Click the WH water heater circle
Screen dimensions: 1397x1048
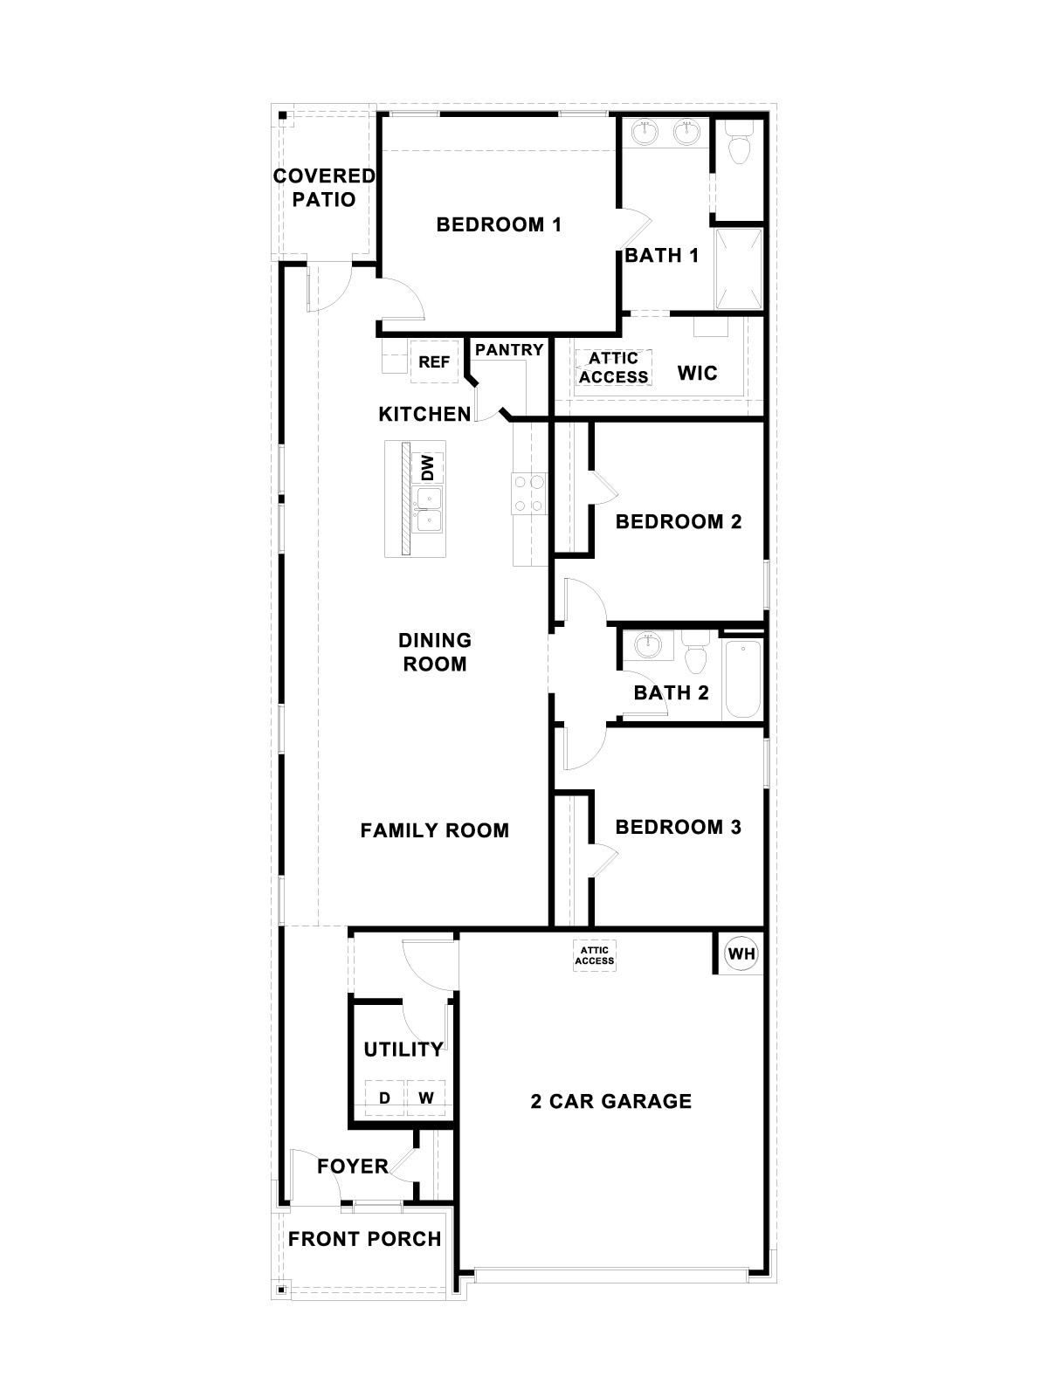click(741, 953)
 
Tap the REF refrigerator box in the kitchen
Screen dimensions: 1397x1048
click(434, 361)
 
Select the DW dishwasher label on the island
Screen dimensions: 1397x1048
click(427, 468)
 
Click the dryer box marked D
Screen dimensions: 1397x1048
click(384, 1098)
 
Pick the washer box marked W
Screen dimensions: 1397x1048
click(426, 1098)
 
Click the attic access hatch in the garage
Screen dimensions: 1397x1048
click(595, 955)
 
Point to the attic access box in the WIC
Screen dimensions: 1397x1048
click(613, 368)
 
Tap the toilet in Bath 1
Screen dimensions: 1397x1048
click(739, 144)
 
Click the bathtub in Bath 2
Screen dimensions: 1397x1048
click(743, 679)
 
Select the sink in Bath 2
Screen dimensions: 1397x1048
click(647, 647)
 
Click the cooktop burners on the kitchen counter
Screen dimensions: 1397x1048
click(528, 492)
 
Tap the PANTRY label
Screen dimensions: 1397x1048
click(509, 349)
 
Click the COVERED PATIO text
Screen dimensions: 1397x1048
click(324, 188)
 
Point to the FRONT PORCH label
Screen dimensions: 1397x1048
click(365, 1239)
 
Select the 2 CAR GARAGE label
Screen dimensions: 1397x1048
click(611, 1101)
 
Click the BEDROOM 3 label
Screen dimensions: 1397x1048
click(678, 827)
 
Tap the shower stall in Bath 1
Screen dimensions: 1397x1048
click(739, 268)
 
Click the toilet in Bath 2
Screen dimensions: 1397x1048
click(696, 656)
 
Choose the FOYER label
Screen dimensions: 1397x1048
click(353, 1166)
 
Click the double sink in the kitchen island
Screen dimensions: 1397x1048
click(428, 510)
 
